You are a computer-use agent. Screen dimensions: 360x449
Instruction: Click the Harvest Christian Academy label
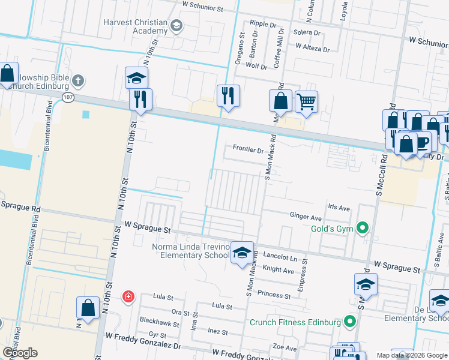tap(135, 26)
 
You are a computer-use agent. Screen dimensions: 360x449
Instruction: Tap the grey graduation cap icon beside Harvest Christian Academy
tap(176, 25)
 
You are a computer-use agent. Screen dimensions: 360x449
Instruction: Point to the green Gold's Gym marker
tap(362, 227)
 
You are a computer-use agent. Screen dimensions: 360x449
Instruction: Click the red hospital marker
tap(127, 296)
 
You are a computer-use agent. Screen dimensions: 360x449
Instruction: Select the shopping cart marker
tap(306, 102)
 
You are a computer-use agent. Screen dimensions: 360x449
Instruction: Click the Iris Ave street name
tap(338, 208)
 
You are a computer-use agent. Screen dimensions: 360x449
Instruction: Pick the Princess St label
tap(274, 295)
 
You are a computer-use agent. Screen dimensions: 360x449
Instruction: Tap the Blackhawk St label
tap(159, 323)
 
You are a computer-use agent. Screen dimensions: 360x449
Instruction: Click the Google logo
tap(20, 353)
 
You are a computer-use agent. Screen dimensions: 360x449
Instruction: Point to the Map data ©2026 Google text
tap(411, 355)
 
